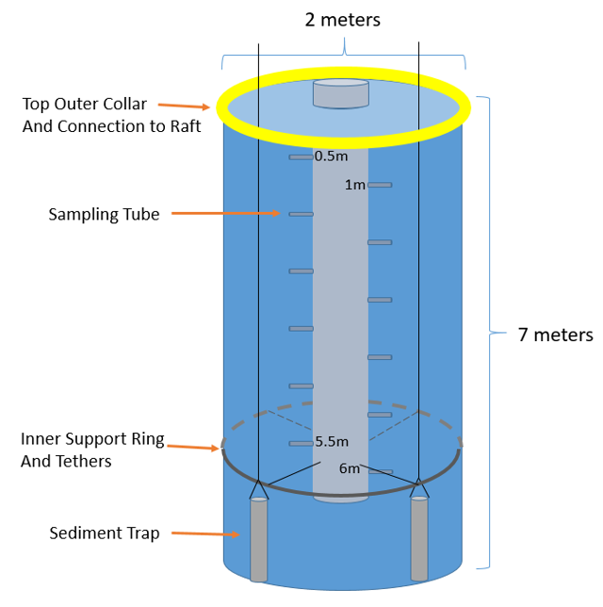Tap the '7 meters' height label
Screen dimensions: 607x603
[x=555, y=335]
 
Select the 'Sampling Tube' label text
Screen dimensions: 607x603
[x=104, y=215]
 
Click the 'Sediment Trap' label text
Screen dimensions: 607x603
[x=104, y=533]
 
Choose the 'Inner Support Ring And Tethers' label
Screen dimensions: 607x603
[x=92, y=450]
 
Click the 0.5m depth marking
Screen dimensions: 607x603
[x=331, y=156]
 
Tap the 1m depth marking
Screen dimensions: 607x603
[x=354, y=185]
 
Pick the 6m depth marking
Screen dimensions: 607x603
[x=350, y=468]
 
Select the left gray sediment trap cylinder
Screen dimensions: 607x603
[x=258, y=540]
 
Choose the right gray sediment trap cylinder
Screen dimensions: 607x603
[x=419, y=538]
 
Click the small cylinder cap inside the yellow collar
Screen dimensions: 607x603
[x=340, y=93]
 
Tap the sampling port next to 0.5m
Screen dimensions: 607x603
[x=301, y=157]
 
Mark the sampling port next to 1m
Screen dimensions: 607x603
[x=380, y=185]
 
